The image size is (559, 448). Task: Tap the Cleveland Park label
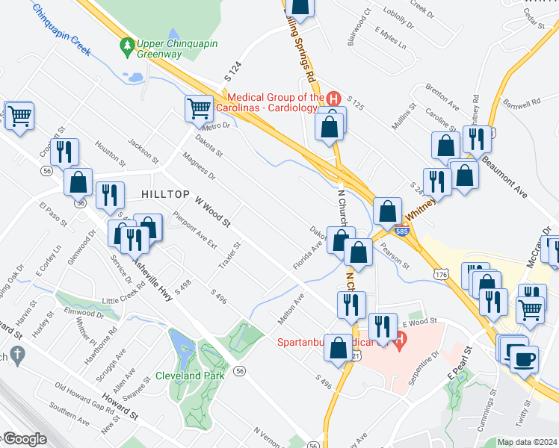pyautogui.click(x=190, y=376)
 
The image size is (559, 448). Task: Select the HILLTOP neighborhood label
pyautogui.click(x=165, y=194)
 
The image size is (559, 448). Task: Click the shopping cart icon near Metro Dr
pyautogui.click(x=199, y=108)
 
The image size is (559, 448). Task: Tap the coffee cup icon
pyautogui.click(x=524, y=358)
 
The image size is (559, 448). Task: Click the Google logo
pyautogui.click(x=24, y=438)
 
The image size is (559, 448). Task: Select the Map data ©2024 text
pyautogui.click(x=527, y=442)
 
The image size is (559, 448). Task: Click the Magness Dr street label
pyautogui.click(x=198, y=166)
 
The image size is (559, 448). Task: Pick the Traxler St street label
pyautogui.click(x=229, y=256)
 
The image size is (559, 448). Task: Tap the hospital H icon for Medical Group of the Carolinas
pyautogui.click(x=334, y=99)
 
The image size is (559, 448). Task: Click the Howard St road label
pyautogui.click(x=121, y=403)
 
